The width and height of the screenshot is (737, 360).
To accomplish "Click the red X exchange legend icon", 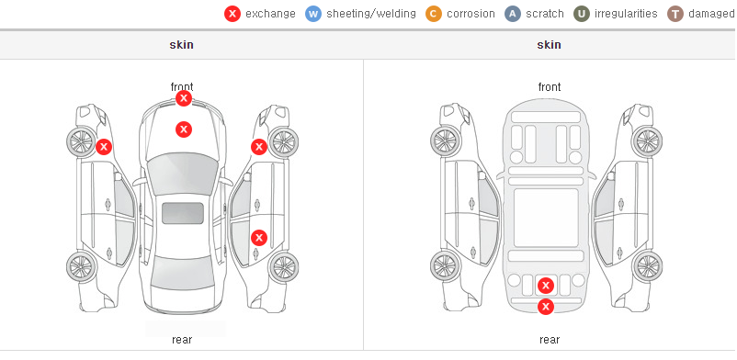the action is [x=232, y=14].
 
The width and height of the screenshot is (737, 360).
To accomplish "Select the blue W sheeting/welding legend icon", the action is [x=313, y=14].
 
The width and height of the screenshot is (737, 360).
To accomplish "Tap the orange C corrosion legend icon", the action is [x=434, y=14].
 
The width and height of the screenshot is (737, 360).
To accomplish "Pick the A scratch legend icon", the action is [x=513, y=14].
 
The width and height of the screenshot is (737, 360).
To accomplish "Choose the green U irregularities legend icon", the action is [x=582, y=14].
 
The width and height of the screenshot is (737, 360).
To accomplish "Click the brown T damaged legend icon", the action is [x=675, y=14].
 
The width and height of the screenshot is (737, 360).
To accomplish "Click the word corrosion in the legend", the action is [x=471, y=14].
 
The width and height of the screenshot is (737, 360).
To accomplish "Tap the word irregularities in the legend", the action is [x=626, y=14].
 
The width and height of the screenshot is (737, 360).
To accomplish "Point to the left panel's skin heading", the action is [x=181, y=45].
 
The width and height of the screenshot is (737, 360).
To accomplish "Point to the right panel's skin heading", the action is [x=549, y=45].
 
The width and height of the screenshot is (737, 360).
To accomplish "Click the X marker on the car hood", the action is [x=184, y=129].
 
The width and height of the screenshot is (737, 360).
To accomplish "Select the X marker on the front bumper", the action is [x=184, y=98].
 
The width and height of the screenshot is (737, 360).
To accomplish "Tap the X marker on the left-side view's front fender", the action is [x=104, y=147].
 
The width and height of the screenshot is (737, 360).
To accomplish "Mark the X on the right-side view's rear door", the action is [x=259, y=238].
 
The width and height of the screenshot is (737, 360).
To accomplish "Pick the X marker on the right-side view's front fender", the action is [x=259, y=147].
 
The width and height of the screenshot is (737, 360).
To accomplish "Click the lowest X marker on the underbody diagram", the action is [x=546, y=307].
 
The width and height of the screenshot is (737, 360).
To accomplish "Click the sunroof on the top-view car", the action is [x=183, y=213].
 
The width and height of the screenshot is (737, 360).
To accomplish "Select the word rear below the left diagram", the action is [x=182, y=340].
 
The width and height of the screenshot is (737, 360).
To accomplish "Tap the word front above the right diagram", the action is [x=550, y=87].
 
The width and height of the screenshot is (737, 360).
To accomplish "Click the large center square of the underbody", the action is [x=546, y=218].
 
